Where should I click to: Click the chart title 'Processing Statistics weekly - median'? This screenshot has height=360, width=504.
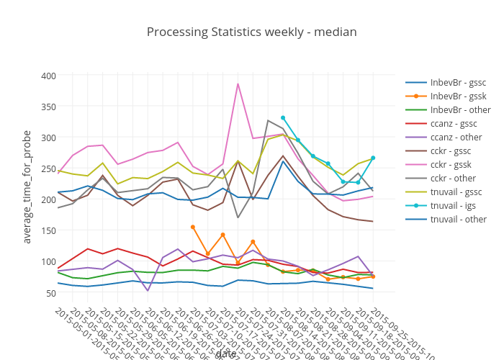251,32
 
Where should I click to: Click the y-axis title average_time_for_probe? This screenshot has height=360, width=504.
27,187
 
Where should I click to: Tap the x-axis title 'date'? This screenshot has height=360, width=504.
225,353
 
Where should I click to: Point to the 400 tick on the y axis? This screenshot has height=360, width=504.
48,76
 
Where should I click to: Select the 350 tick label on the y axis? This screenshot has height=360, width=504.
48,107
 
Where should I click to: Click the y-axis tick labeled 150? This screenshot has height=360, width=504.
48,230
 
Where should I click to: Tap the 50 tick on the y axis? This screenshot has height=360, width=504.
51,292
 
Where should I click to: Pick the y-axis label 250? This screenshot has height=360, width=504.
48,168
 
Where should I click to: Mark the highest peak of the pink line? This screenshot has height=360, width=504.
238,84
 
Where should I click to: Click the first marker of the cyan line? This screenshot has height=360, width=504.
283,117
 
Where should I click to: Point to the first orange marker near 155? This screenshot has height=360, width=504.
193,227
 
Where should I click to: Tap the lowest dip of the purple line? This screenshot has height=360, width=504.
148,290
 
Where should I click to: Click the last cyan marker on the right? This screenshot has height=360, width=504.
373,158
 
